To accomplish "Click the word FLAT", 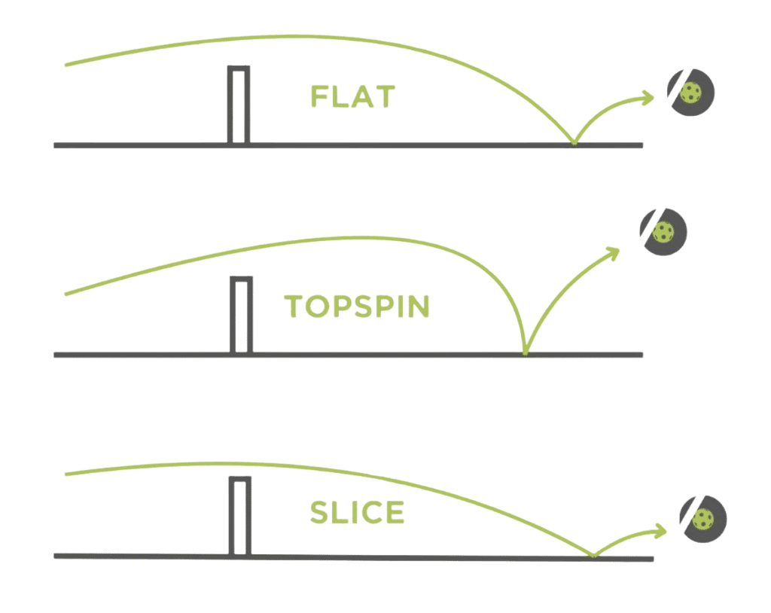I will [x=352, y=97].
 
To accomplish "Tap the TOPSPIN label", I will [x=357, y=306].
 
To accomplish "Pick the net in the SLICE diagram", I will [x=240, y=517].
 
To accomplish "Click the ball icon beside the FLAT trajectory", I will [x=690, y=93].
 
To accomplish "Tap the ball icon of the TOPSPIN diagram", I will [x=664, y=231].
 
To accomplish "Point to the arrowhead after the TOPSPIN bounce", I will [x=614, y=253].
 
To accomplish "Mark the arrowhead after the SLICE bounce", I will [x=660, y=530].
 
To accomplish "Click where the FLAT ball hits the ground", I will [x=574, y=142].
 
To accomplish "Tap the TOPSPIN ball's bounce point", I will [x=526, y=352].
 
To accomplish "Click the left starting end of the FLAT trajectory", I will [x=66, y=66].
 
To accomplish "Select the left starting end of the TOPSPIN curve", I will [x=66, y=293].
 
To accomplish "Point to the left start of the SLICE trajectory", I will [x=66, y=474].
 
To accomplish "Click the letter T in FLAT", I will [x=384, y=97].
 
